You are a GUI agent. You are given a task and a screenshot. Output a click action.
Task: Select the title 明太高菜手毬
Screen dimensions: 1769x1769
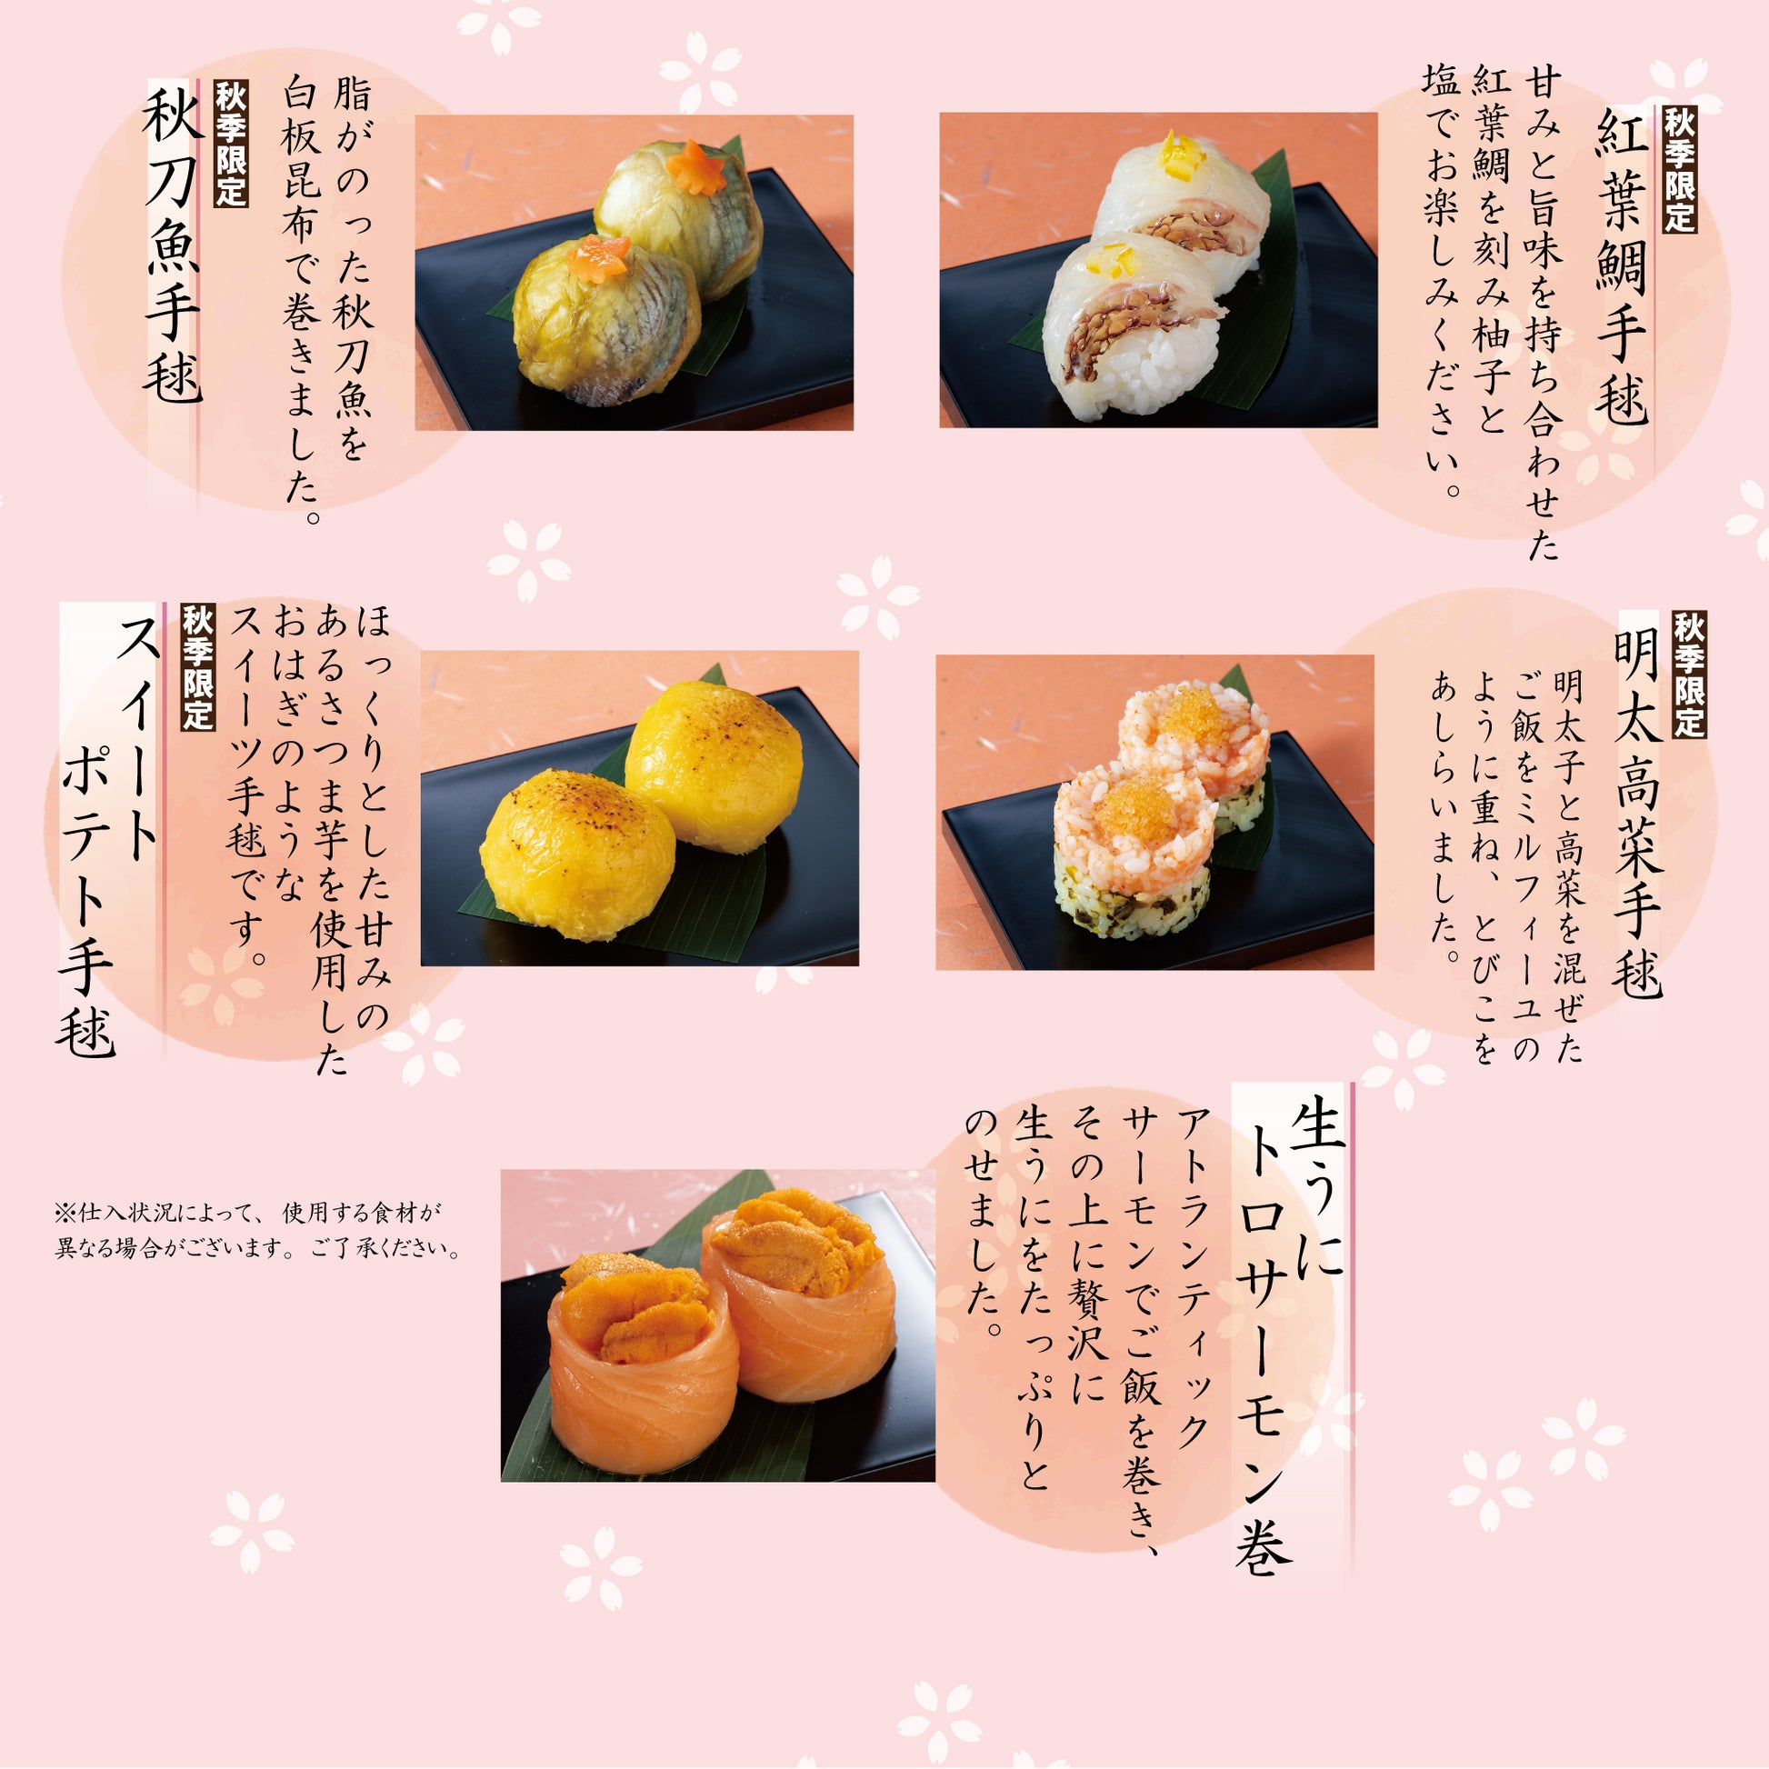coord(1638,815)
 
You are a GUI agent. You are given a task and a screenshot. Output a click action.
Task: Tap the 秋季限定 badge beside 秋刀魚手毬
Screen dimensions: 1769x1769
coord(231,144)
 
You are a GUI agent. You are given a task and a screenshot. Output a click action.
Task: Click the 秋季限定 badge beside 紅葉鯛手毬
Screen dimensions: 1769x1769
coord(1680,169)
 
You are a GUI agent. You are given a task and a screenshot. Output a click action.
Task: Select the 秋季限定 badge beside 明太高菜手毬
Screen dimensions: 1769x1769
coord(1690,675)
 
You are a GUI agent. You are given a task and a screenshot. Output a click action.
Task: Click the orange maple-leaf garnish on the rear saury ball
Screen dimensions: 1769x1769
coord(696,166)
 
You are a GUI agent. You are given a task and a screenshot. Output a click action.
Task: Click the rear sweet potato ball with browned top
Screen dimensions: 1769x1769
coord(715,767)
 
